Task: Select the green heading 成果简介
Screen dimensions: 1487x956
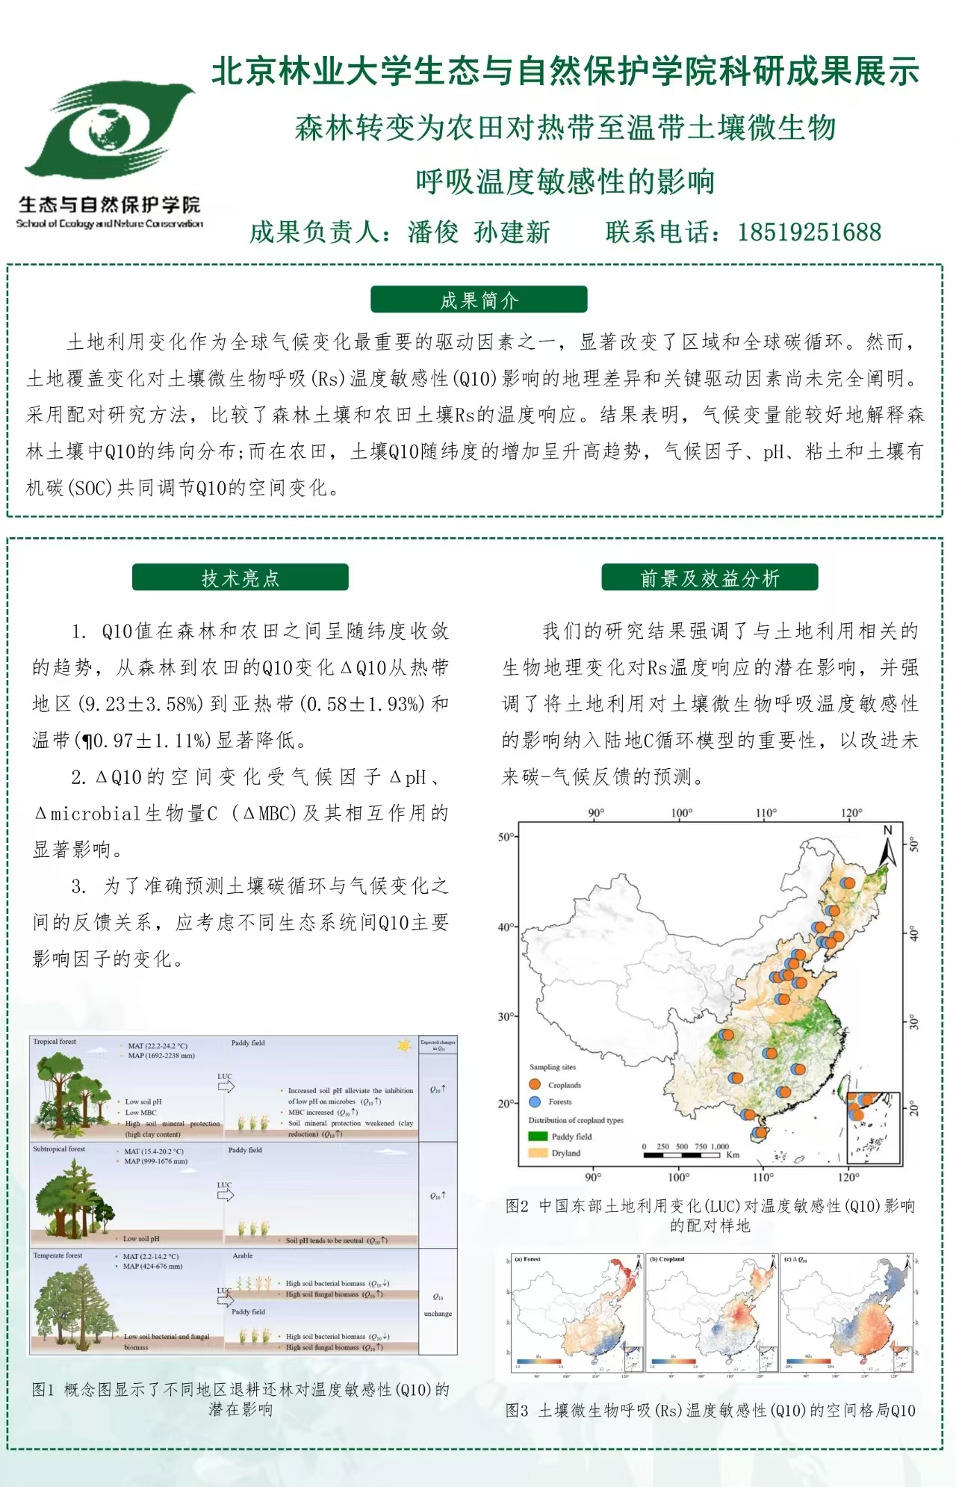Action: (479, 300)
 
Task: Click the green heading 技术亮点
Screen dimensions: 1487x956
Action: (240, 578)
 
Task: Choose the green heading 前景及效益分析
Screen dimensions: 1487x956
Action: (710, 578)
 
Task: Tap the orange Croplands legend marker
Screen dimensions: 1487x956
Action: (535, 1084)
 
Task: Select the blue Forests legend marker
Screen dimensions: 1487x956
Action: (535, 1101)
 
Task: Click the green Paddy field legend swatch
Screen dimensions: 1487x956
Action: (538, 1137)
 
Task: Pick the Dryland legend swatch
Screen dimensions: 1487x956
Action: (538, 1153)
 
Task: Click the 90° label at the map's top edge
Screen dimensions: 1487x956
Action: (596, 813)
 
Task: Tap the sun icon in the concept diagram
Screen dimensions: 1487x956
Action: (405, 1045)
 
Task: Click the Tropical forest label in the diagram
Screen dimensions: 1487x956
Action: (55, 1042)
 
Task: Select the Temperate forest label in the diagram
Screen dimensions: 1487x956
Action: (58, 1256)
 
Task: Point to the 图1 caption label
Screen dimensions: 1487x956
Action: (43, 1389)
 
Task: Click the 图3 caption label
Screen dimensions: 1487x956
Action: (517, 1410)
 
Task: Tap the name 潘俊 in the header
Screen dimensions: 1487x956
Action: (432, 232)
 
